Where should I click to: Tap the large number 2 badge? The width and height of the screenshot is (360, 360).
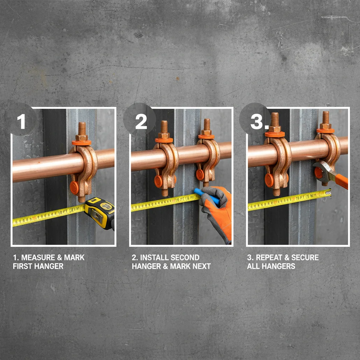click(x=141, y=121)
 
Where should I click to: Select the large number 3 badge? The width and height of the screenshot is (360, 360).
click(x=258, y=121)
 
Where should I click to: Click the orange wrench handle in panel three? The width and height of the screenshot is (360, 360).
click(x=341, y=181)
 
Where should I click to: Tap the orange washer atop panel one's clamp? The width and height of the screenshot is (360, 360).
click(x=82, y=142)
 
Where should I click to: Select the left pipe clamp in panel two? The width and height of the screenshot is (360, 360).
click(x=165, y=165)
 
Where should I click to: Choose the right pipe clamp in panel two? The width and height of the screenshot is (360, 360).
click(x=207, y=162)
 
